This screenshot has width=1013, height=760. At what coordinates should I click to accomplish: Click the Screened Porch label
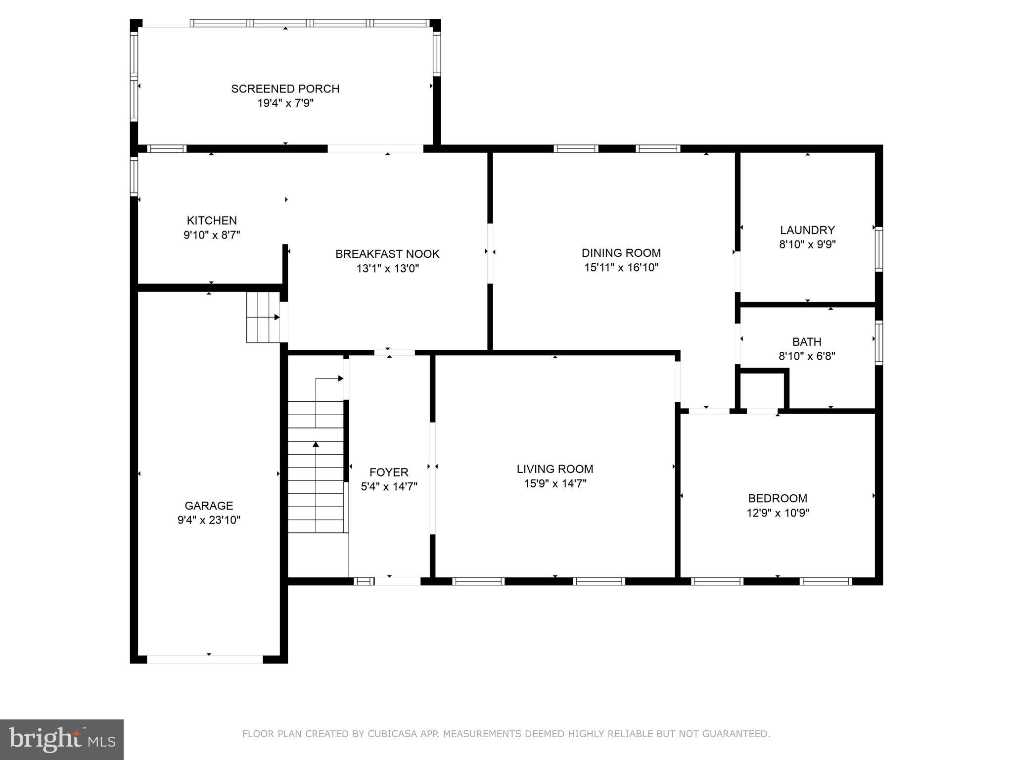pyautogui.click(x=285, y=89)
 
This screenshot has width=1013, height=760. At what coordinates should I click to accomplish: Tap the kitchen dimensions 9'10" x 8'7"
pyautogui.click(x=212, y=235)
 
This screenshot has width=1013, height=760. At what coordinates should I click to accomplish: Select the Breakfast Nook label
pyautogui.click(x=387, y=254)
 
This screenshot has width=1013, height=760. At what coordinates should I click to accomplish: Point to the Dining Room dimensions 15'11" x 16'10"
pyautogui.click(x=621, y=268)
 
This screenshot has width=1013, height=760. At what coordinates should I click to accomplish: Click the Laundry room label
pyautogui.click(x=807, y=230)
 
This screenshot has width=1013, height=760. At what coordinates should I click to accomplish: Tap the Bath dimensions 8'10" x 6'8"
pyautogui.click(x=807, y=356)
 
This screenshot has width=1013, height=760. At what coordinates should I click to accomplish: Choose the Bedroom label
pyautogui.click(x=778, y=498)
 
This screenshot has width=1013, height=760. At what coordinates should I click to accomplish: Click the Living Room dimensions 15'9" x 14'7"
pyautogui.click(x=555, y=483)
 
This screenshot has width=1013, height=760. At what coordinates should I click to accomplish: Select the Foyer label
pyautogui.click(x=389, y=472)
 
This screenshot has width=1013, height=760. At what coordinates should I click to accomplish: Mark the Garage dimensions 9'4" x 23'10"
pyautogui.click(x=209, y=520)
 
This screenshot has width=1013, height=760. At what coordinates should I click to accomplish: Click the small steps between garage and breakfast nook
pyautogui.click(x=264, y=317)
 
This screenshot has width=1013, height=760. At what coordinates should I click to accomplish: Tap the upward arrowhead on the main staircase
pyautogui.click(x=316, y=444)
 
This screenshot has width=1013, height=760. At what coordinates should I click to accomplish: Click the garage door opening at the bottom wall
pyautogui.click(x=205, y=659)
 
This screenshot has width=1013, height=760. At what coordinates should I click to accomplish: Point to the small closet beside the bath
pyautogui.click(x=762, y=391)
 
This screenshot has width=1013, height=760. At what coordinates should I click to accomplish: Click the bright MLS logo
pyautogui.click(x=61, y=739)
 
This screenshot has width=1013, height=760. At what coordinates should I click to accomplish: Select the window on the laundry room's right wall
pyautogui.click(x=879, y=249)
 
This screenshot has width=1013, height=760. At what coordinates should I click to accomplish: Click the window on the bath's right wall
pyautogui.click(x=879, y=343)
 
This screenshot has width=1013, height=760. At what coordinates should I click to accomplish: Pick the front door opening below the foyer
pyautogui.click(x=397, y=581)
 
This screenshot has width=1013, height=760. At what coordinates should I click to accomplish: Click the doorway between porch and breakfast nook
pyautogui.click(x=375, y=148)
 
